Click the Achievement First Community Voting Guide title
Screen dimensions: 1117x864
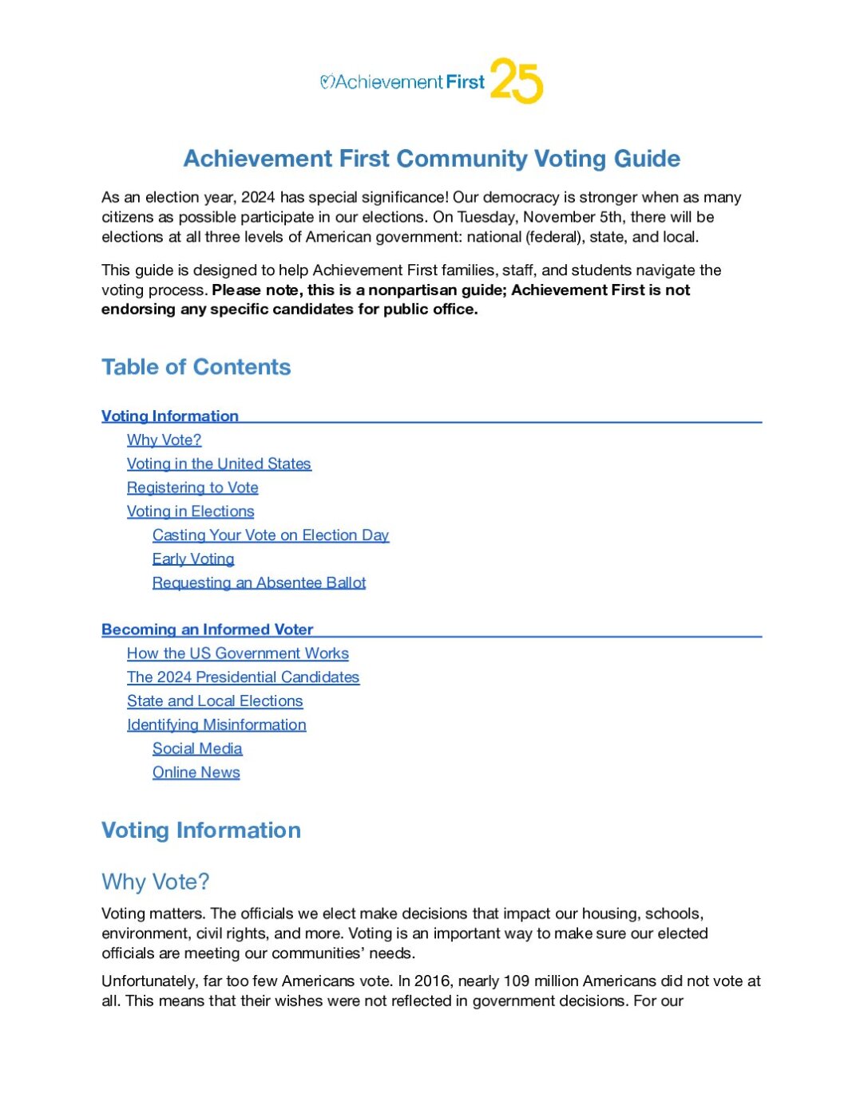click(x=431, y=158)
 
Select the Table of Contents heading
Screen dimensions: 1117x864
click(x=196, y=367)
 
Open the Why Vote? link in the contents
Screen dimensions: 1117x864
click(x=164, y=440)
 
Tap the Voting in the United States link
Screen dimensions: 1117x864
click(x=219, y=464)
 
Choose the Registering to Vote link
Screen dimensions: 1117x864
click(x=192, y=487)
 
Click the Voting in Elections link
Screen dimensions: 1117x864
click(x=190, y=511)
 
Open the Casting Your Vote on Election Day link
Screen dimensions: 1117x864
click(x=271, y=535)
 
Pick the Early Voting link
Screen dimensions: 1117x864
click(x=193, y=559)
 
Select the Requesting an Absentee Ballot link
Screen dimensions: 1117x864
click(x=259, y=582)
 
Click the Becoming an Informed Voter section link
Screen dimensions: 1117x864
click(x=207, y=630)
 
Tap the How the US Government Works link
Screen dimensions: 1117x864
click(x=237, y=653)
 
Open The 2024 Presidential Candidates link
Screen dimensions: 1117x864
click(x=243, y=677)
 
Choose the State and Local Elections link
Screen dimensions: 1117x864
click(x=215, y=701)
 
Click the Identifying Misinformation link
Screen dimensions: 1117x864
click(x=216, y=725)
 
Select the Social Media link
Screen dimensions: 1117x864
click(x=197, y=748)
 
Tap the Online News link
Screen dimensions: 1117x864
click(x=196, y=772)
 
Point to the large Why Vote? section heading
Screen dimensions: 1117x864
click(x=155, y=882)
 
